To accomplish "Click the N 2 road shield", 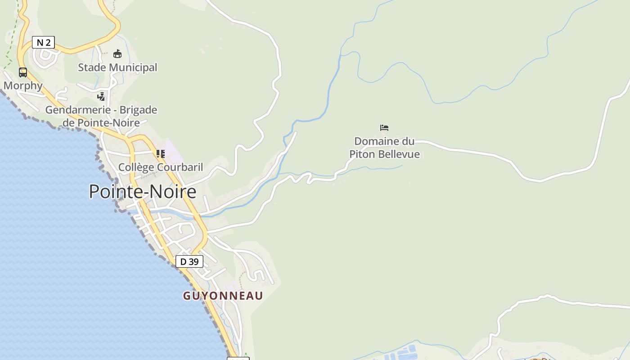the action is click(x=43, y=43).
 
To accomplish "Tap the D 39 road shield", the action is click(x=189, y=261).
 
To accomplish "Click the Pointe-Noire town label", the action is click(x=143, y=192).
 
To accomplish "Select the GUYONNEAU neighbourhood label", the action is click(x=223, y=296).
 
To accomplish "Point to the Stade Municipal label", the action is click(x=117, y=67).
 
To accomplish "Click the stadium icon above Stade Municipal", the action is click(x=117, y=54).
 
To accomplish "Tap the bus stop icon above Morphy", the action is click(x=23, y=72).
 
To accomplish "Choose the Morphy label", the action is click(x=23, y=85).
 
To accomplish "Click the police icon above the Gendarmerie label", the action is click(x=101, y=96).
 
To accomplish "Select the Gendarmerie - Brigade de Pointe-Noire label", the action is click(x=101, y=116).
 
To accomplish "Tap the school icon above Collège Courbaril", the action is click(x=160, y=153).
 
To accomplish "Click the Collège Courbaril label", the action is click(x=160, y=167).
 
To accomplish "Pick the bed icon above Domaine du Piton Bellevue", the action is click(x=384, y=128).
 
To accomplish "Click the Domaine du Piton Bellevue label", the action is click(x=384, y=148).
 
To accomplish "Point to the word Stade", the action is click(x=92, y=67).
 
